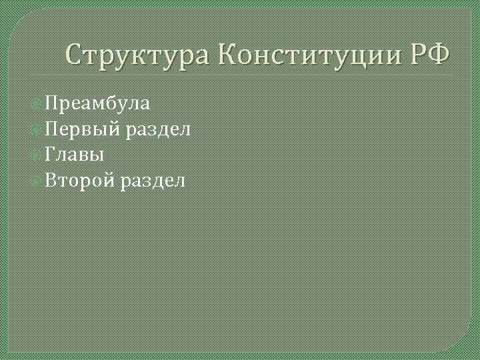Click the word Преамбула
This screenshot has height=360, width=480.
tap(97, 104)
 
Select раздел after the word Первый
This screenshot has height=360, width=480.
tap(158, 129)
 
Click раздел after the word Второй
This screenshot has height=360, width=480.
tap(154, 180)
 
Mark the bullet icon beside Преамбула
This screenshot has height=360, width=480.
tap(36, 104)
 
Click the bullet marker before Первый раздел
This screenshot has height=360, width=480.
tap(36, 129)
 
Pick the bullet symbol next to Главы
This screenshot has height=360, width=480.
tap(36, 155)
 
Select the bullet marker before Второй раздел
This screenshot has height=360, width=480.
tap(36, 180)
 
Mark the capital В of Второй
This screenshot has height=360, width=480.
tap(51, 179)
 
